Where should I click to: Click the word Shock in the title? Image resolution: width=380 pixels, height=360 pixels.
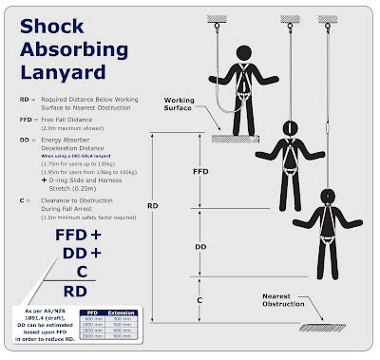pos(56,30)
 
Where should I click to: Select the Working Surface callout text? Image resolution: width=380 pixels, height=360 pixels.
pos(184,103)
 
